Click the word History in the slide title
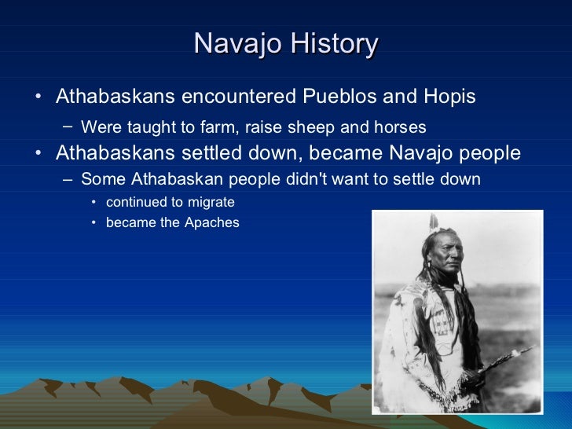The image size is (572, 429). pos(334,43)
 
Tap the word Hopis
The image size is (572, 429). pos(449,97)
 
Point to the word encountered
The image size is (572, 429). pos(237,97)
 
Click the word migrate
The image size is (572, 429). pos(209,202)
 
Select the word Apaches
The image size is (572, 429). pos(212,222)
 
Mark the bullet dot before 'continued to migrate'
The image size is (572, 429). pos(93,202)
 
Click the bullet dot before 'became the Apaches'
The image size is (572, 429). pos(93,222)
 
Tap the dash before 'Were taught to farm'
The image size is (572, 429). pos(69,126)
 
